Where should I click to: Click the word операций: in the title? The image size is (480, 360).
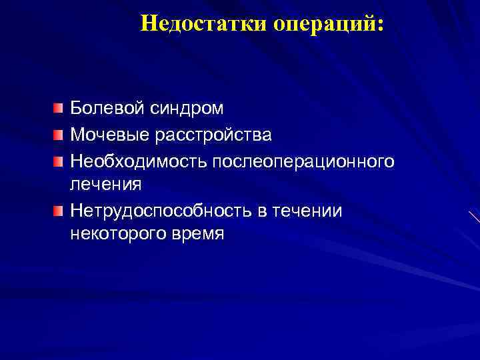click(x=327, y=24)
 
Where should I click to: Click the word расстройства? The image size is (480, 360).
click(x=214, y=135)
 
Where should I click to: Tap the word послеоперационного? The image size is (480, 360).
click(x=303, y=162)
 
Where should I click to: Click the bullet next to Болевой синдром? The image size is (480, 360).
click(x=59, y=107)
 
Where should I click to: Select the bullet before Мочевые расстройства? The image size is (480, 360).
click(x=59, y=135)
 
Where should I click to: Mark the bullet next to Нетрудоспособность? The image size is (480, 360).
click(x=59, y=211)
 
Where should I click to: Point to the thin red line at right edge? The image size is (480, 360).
click(x=475, y=217)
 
